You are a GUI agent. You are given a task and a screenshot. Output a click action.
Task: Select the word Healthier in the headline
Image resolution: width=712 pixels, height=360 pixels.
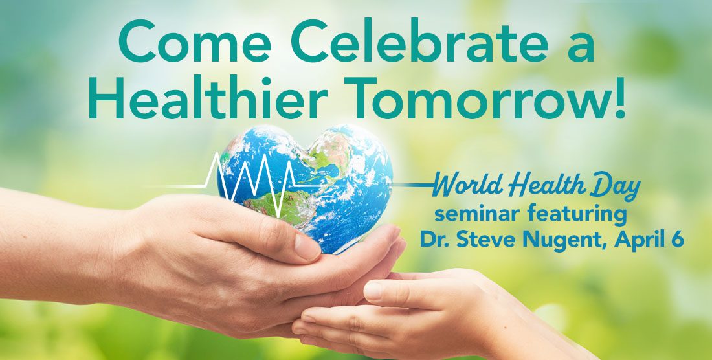(x=208, y=98)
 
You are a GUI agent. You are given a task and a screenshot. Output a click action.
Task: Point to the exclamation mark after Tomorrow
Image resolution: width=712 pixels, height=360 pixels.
(x=618, y=96)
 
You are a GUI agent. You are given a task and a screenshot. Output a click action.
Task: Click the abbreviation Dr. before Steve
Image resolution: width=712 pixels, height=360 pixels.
(x=434, y=240)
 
